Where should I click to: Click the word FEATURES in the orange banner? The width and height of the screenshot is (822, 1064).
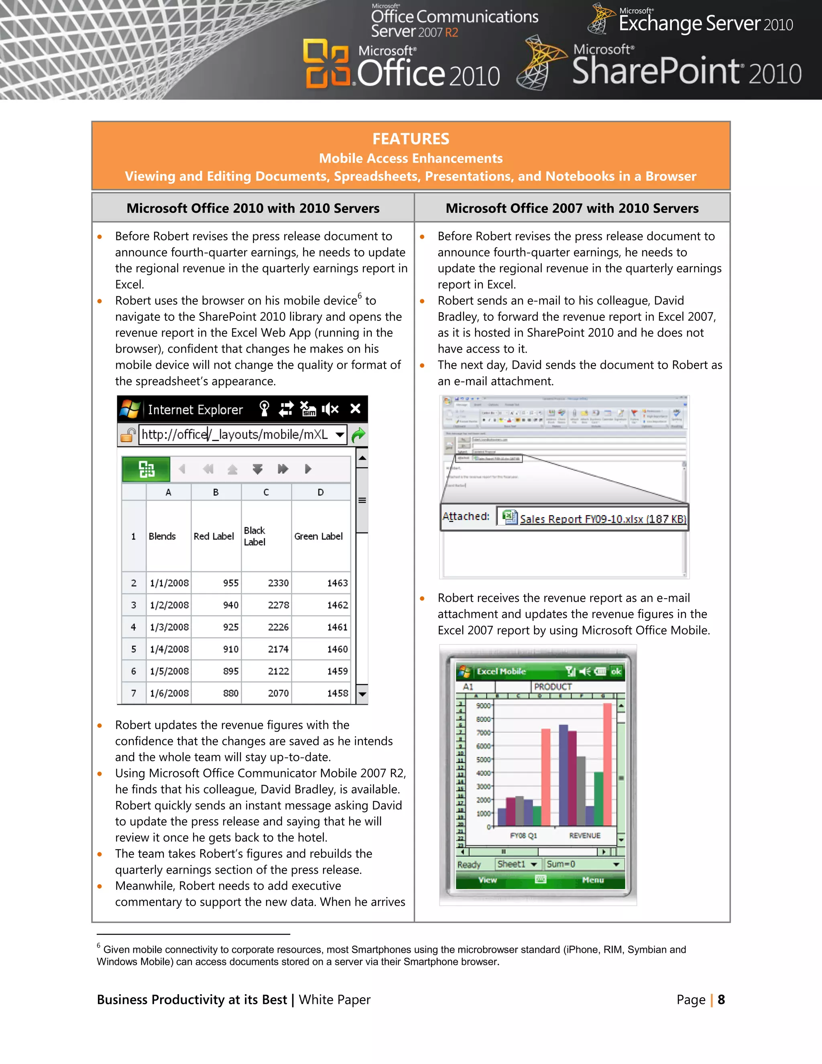point(411,139)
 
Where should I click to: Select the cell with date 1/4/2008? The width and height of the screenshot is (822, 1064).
point(169,649)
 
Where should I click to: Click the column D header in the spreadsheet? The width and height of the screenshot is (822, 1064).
point(320,492)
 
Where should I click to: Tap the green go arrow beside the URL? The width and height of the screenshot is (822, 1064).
point(358,434)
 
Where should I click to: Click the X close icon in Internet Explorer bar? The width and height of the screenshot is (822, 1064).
point(356,409)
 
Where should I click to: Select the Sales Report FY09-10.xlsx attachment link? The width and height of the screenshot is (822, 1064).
point(602,519)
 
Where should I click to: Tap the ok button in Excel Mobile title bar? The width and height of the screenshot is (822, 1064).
point(616,671)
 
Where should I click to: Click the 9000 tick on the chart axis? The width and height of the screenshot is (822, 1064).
point(483,705)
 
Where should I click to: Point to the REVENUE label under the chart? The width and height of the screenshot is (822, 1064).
point(584,836)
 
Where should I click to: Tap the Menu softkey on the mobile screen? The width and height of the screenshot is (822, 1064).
point(593,880)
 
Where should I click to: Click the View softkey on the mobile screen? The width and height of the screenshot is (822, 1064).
point(487,880)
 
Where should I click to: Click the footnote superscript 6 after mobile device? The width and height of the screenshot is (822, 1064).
point(360,295)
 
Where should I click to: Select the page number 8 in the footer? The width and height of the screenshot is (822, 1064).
point(721,1000)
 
